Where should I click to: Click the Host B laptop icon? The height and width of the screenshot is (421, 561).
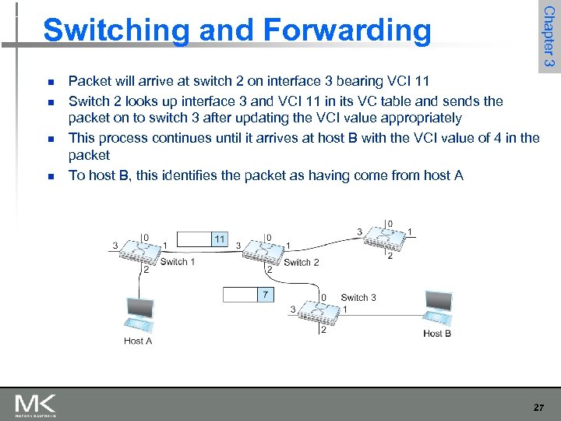click(x=438, y=310)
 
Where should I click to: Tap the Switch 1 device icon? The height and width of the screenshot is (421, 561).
click(x=144, y=249)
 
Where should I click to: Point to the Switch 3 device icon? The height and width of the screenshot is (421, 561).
click(x=322, y=312)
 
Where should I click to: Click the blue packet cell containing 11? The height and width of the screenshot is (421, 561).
click(x=220, y=239)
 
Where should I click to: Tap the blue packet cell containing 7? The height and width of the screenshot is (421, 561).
click(x=266, y=295)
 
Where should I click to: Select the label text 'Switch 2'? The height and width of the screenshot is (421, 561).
click(x=301, y=263)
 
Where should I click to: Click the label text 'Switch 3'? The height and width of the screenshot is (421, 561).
click(x=358, y=297)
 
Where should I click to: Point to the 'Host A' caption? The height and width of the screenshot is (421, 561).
click(x=138, y=341)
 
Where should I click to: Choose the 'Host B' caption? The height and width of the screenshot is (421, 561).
click(x=437, y=334)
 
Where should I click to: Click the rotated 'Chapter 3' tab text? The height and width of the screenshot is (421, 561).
click(x=549, y=37)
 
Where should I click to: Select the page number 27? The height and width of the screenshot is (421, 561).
click(x=538, y=407)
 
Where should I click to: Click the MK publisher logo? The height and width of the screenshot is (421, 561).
click(x=35, y=405)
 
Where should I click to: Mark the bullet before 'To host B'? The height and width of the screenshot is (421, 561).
click(x=49, y=175)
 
